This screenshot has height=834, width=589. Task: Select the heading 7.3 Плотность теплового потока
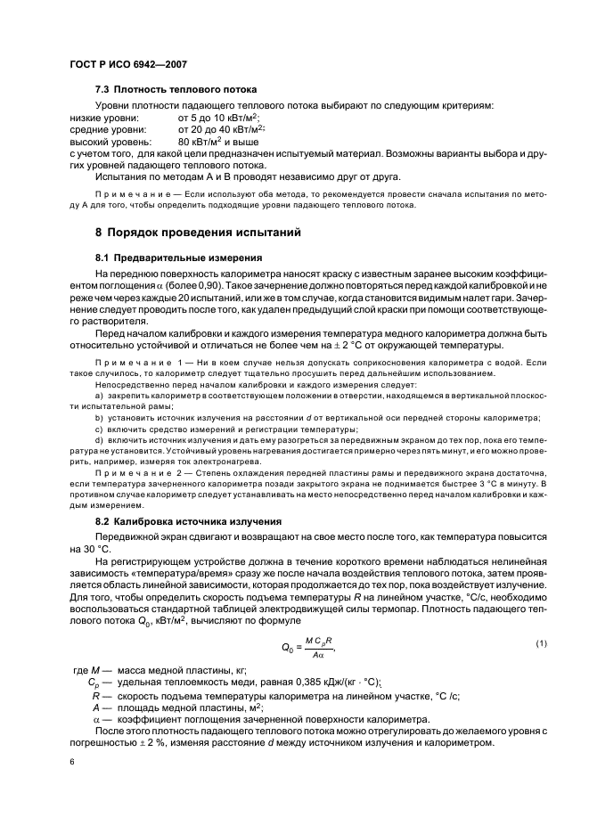(176, 90)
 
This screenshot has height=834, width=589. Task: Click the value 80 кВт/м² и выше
(218, 142)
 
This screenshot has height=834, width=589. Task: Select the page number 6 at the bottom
(71, 763)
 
